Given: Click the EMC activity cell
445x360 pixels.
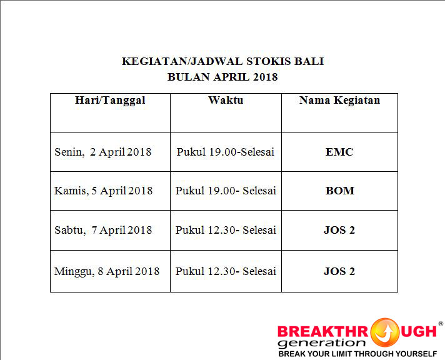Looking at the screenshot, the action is click(339, 152).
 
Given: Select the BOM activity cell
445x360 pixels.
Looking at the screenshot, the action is click(340, 191).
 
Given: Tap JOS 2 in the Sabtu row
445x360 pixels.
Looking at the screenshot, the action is click(339, 230).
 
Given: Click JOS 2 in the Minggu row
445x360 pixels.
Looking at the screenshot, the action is click(339, 271).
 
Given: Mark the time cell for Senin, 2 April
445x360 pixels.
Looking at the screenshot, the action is click(226, 152).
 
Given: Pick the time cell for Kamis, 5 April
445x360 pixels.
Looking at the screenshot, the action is click(226, 191).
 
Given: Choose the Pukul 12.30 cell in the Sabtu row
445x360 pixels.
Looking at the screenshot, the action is click(226, 229).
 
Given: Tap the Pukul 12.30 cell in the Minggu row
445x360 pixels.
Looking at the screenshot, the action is click(226, 271).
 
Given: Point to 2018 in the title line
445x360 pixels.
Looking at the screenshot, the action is click(265, 77).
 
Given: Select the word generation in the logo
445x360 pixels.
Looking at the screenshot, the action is click(321, 343).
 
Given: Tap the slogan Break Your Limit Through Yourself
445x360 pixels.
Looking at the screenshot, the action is click(357, 354).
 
